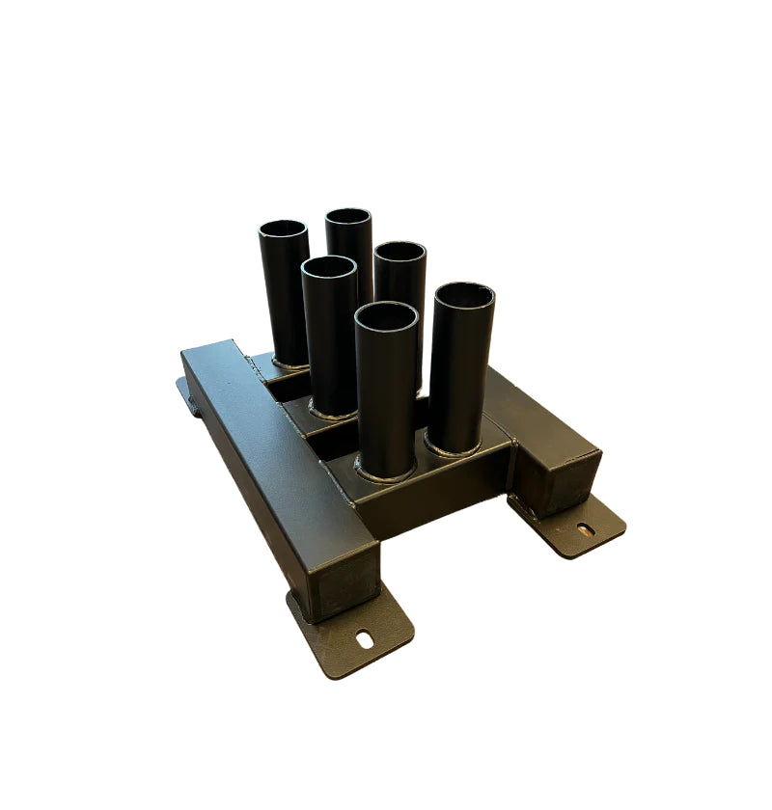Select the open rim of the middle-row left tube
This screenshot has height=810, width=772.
(329, 269)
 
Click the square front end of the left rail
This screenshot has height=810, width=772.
(345, 584)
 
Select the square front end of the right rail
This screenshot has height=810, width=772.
(560, 483)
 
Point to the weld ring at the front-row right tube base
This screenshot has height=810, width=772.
(454, 449)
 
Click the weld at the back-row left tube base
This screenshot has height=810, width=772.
(288, 365)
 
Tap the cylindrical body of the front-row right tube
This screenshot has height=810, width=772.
(460, 376)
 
